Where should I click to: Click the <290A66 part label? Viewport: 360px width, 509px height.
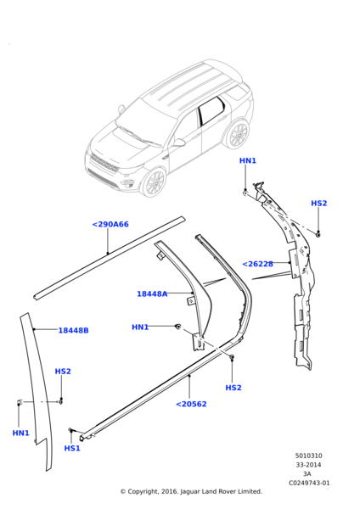[110, 225]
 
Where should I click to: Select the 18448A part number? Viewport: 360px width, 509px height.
[152, 294]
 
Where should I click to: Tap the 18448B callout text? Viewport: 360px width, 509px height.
[73, 330]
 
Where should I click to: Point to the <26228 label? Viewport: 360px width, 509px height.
[257, 264]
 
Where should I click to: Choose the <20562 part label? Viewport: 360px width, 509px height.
[191, 404]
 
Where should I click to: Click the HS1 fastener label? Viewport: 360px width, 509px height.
[72, 448]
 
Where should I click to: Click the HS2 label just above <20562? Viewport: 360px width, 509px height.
[233, 388]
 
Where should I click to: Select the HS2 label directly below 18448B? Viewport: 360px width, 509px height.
[63, 372]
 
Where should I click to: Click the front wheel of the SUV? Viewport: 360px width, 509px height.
[154, 182]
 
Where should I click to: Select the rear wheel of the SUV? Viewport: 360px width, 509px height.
[237, 134]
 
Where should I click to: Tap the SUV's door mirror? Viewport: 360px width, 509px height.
[179, 144]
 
